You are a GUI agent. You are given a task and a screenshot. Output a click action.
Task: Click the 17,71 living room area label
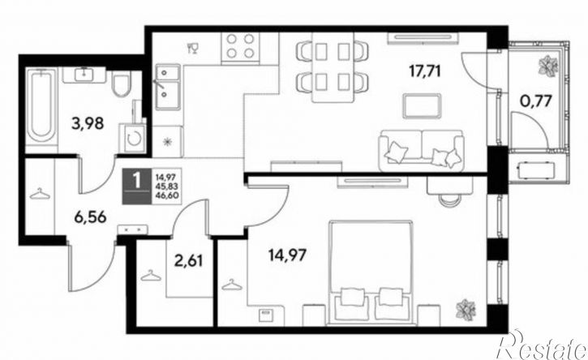(x=424, y=71)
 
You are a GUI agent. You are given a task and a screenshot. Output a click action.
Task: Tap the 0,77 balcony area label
(x=536, y=101)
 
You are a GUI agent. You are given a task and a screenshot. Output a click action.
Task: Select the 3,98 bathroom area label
(x=88, y=123)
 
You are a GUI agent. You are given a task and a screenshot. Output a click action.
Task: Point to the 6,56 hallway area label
(x=91, y=217)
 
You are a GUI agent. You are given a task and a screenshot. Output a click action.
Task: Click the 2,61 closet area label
(x=189, y=260)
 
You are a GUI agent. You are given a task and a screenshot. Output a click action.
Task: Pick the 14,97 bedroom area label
(x=287, y=255)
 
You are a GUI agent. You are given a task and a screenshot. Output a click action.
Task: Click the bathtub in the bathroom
(x=41, y=105)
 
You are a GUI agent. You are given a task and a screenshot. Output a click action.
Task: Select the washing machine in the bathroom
(x=132, y=139)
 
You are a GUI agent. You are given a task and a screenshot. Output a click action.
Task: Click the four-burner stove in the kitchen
(x=240, y=46)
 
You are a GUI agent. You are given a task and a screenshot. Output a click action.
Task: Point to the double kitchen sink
(x=168, y=88)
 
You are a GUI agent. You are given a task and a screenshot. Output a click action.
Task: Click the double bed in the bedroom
(x=371, y=272)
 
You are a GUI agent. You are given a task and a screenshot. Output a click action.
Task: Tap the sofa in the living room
(x=421, y=149)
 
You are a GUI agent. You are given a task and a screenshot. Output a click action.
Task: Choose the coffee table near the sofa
(x=421, y=106)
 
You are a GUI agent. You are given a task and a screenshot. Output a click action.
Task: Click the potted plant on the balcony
(x=548, y=66)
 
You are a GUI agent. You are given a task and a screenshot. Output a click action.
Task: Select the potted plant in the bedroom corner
(x=466, y=310)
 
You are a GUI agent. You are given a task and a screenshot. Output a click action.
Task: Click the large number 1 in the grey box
(x=137, y=180)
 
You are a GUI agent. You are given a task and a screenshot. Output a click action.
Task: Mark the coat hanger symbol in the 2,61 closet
(x=151, y=276)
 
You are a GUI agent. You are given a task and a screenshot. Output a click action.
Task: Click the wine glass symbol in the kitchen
(x=194, y=49)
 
